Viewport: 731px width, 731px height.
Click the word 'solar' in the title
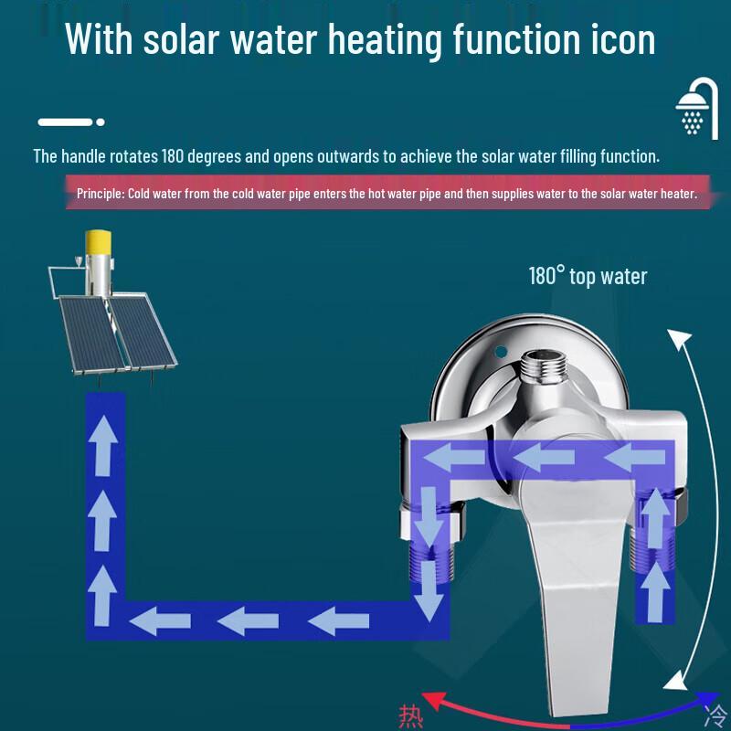coord(181,40)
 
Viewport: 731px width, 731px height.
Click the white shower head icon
coord(696,109)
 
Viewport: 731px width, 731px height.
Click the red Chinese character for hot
coord(410,717)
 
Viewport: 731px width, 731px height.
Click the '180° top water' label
coord(588,276)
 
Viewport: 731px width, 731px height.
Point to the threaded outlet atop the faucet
coord(544,366)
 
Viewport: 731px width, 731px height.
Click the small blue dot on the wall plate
coord(500,352)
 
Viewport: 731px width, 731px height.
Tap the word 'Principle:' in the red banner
coord(101,193)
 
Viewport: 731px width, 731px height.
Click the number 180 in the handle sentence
coord(173,156)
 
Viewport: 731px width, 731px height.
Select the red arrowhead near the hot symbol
coord(431,700)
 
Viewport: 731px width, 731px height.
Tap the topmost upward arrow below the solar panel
coord(103,446)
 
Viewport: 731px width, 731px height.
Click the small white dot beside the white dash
coord(101,122)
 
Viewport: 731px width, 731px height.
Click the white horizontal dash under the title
coord(65,122)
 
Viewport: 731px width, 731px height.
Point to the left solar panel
coord(90,334)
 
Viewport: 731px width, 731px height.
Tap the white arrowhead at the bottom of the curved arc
coord(675,680)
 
